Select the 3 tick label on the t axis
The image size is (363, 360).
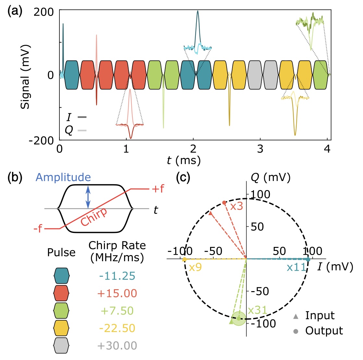pos(260,149)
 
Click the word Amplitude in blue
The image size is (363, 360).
pos(63,177)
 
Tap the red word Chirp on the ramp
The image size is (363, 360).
pos(94,216)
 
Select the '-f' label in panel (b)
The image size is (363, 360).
pos(38,229)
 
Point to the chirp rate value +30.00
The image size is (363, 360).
pos(117,346)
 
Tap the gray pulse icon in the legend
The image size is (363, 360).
pos(62,346)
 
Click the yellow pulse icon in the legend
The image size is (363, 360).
pos(62,328)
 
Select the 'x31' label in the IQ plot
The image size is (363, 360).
pos(257,310)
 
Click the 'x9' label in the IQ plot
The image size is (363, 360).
pos(195,268)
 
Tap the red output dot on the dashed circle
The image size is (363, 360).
pos(224,203)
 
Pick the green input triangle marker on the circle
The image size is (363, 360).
pos(231,322)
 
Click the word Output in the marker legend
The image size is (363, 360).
pos(324,331)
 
